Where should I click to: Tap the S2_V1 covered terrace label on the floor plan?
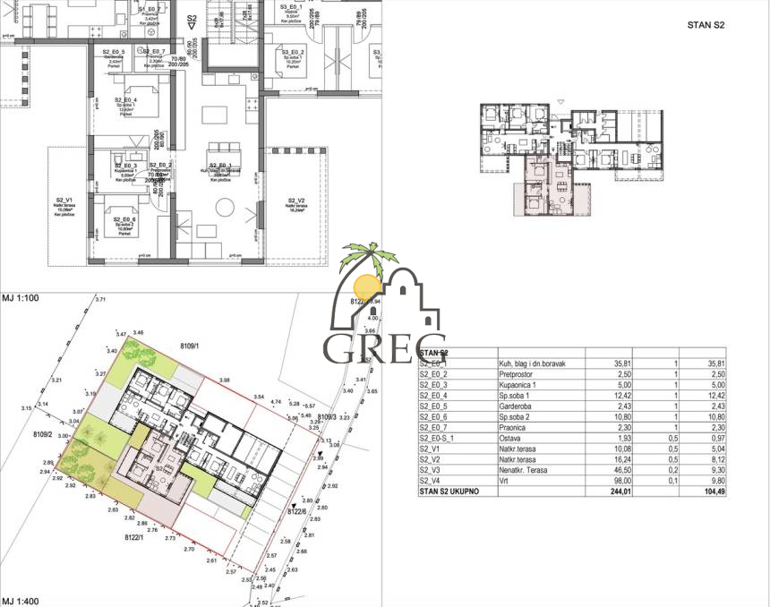click(63, 201)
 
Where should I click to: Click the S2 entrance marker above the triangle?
click(192, 17)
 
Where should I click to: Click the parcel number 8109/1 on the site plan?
click(189, 344)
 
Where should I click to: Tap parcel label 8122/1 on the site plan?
click(135, 538)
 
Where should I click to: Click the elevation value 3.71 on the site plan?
click(100, 299)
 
